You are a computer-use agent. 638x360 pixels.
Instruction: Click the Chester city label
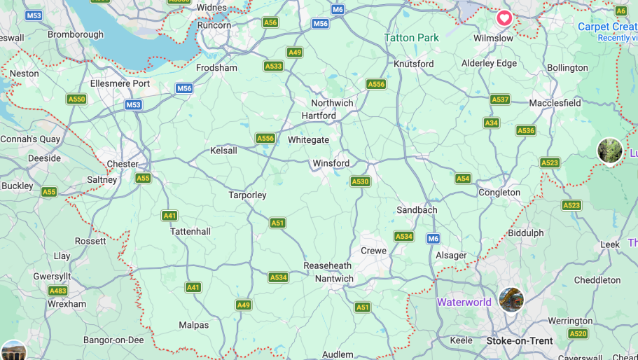[x=123, y=165]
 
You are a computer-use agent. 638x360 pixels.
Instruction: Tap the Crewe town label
[x=373, y=251]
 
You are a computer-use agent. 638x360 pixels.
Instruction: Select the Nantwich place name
[x=334, y=279]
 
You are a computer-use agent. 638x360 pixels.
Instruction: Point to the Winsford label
[x=331, y=163]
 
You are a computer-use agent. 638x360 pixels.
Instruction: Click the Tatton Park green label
[x=412, y=38]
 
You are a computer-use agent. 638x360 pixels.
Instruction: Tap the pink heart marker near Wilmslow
[x=504, y=18]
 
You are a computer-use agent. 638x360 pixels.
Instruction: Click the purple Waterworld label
[x=464, y=303]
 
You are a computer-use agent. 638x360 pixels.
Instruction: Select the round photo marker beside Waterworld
[x=511, y=300]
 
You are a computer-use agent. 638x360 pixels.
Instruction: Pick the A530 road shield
[x=360, y=181]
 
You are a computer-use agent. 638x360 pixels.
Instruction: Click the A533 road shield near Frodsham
[x=273, y=66]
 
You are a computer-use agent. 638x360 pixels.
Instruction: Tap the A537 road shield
[x=500, y=99]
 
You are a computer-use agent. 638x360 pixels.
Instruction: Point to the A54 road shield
[x=463, y=179]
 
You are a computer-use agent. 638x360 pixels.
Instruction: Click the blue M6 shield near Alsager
[x=434, y=239]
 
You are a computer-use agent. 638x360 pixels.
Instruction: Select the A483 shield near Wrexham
[x=58, y=291]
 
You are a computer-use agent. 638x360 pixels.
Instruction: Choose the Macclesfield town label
[x=555, y=103]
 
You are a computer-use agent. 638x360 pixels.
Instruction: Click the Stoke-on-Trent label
[x=520, y=341]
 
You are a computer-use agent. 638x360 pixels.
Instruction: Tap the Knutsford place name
[x=414, y=64]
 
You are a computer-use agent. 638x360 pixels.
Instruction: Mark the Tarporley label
[x=247, y=195]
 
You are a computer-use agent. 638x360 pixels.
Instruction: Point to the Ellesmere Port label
[x=120, y=83]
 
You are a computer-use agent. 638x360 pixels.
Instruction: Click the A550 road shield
[x=76, y=99]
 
